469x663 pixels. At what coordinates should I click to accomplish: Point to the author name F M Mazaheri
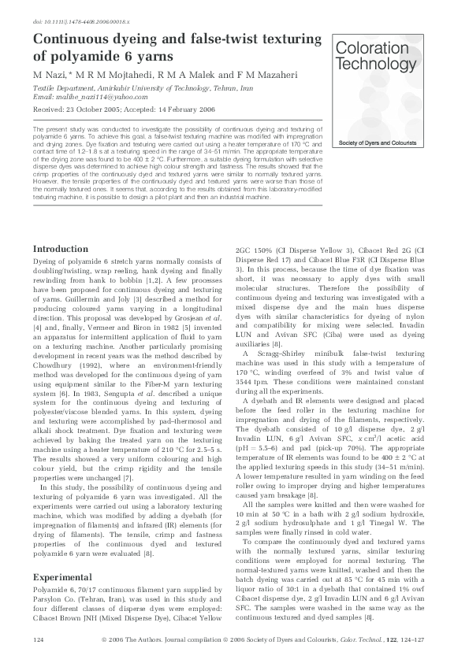214,73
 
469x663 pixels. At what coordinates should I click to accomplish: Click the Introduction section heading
60,249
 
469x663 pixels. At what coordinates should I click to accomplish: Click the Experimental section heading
62,577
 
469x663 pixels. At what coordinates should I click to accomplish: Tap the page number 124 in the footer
38,642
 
